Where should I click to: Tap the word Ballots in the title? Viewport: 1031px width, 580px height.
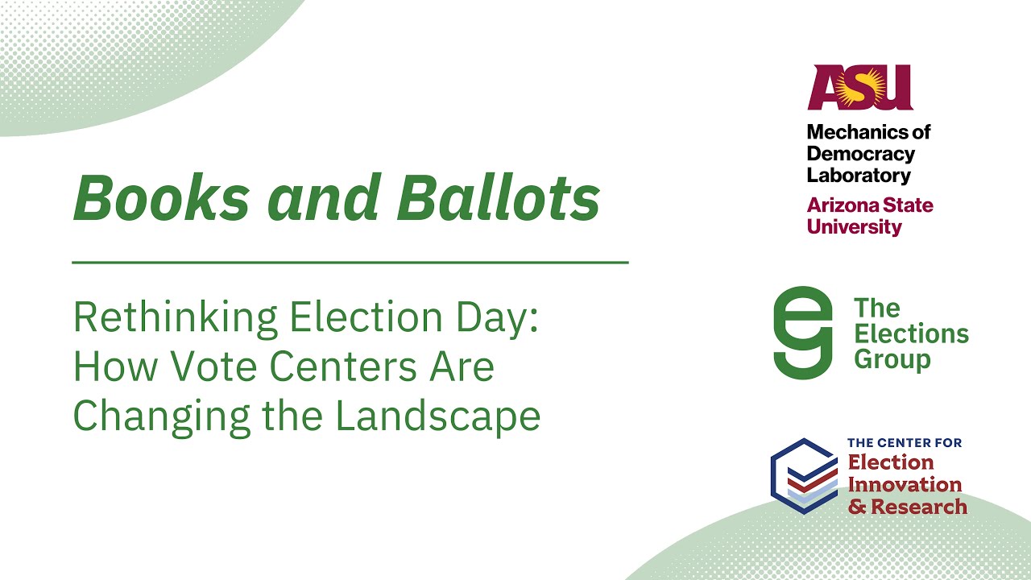pos(499,198)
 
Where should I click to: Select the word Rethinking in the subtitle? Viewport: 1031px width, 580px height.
pos(173,319)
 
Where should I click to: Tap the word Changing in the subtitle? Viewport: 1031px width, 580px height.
pos(157,416)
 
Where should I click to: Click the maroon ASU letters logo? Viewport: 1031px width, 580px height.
pos(860,88)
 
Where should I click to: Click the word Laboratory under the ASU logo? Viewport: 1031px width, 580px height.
pos(859,175)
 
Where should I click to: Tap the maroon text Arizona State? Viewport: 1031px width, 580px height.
pos(870,205)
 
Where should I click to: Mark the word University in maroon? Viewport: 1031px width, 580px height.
pos(855,226)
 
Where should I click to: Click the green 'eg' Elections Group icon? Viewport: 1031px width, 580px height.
pos(802,333)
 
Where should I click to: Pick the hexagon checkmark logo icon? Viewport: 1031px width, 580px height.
pos(803,475)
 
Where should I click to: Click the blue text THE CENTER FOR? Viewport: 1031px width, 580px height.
pos(905,443)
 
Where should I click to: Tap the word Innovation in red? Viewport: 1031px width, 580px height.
pos(905,484)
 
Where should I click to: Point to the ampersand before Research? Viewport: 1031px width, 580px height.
pos(857,507)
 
